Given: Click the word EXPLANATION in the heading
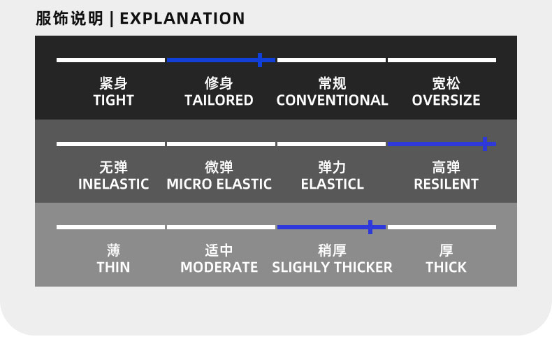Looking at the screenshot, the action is click(x=182, y=19).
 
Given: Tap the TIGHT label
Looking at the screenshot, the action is click(x=113, y=101).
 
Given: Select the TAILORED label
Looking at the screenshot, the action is click(x=219, y=101).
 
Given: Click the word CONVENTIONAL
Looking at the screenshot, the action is click(x=332, y=101).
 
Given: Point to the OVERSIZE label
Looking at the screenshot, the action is click(x=446, y=101).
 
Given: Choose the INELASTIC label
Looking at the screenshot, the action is click(x=113, y=184).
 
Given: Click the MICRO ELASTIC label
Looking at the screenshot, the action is click(x=219, y=184).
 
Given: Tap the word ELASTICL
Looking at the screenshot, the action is click(x=333, y=184).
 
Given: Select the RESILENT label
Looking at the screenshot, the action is click(x=446, y=184).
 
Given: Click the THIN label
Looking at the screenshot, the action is click(x=113, y=267).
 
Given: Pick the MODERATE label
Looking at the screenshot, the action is click(x=219, y=267).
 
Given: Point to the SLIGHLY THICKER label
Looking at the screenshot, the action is click(x=332, y=267).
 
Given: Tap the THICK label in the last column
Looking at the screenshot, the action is click(x=446, y=267).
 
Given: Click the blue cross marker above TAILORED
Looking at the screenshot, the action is click(x=260, y=60).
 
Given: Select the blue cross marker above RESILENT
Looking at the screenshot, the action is click(x=485, y=144).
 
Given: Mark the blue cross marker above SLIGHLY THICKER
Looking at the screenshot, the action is click(x=370, y=227).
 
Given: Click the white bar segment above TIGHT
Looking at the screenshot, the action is click(x=110, y=60).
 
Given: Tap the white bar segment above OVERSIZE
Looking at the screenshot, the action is click(x=442, y=60).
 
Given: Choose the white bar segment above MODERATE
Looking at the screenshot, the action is click(x=221, y=227).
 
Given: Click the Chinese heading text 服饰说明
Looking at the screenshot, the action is click(x=69, y=19).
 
